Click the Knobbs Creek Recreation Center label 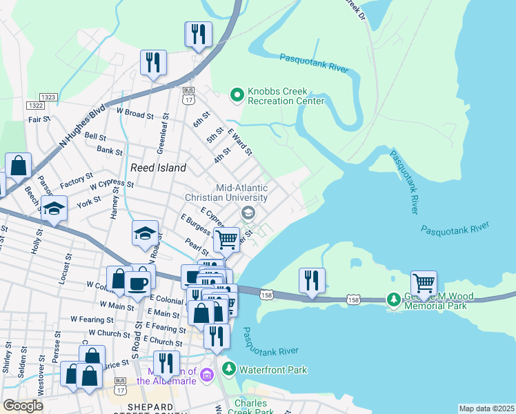[286, 96]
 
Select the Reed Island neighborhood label [158, 168]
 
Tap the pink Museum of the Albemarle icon [208, 375]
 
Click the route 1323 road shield [48, 97]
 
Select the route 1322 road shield [35, 105]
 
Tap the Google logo [23, 406]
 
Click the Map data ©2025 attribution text [486, 408]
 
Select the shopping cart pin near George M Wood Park [424, 283]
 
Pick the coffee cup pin [138, 284]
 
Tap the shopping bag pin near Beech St [19, 166]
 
